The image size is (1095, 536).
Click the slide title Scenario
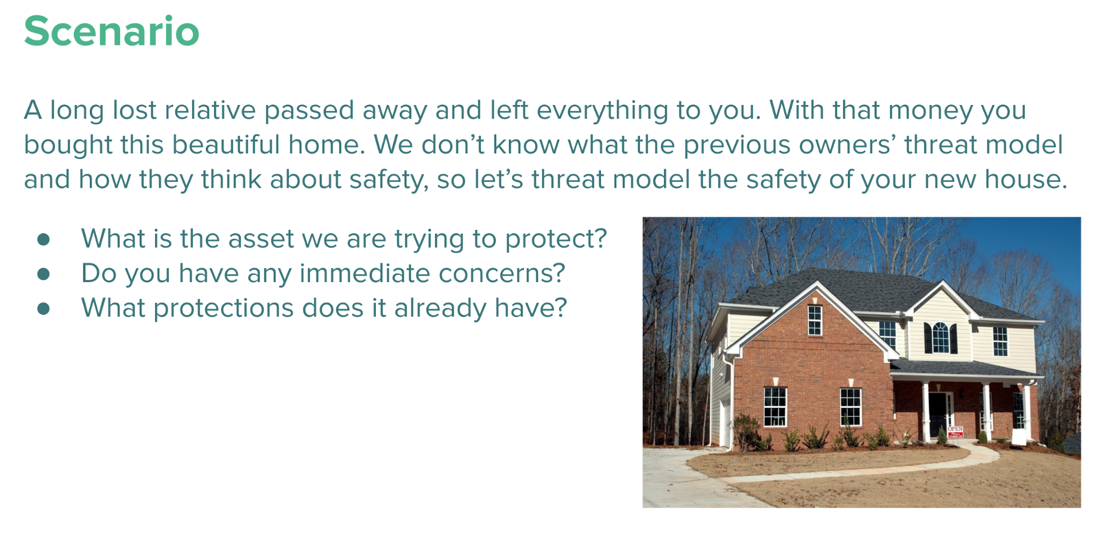(x=112, y=31)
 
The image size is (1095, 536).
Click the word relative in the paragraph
(x=210, y=110)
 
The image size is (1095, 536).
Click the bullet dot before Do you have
(x=44, y=274)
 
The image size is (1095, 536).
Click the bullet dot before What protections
(x=44, y=309)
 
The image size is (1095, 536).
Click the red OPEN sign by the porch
(x=955, y=432)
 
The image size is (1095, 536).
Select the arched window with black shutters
(x=941, y=338)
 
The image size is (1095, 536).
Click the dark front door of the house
(x=938, y=414)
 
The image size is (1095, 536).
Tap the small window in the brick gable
(x=815, y=320)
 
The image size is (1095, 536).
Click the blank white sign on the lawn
(x=1019, y=437)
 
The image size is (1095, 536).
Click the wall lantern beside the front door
(x=961, y=394)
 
